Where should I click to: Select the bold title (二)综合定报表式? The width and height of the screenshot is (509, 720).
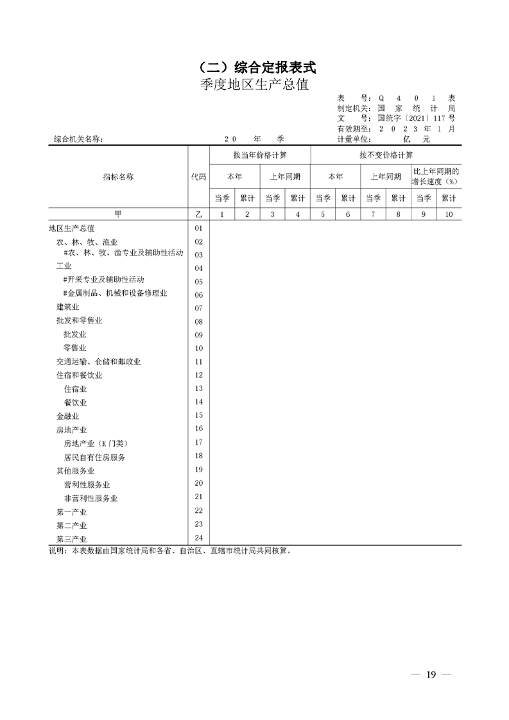click(254, 67)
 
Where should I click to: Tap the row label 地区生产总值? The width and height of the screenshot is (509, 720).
click(72, 228)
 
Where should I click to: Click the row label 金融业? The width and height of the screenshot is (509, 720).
click(67, 416)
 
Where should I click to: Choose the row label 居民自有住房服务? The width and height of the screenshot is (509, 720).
click(94, 458)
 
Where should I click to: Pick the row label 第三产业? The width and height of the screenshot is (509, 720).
click(71, 539)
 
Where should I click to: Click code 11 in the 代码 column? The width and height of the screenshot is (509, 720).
click(198, 362)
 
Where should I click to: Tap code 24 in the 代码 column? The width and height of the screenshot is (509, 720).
click(198, 538)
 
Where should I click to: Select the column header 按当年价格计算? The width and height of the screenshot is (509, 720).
click(260, 155)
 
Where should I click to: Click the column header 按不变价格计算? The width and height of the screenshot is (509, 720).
click(386, 155)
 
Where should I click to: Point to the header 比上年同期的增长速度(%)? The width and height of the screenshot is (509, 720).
click(436, 176)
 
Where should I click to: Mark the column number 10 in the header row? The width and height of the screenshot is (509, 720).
click(448, 214)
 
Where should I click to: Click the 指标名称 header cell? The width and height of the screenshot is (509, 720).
click(118, 176)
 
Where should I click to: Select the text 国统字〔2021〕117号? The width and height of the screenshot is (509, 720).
click(417, 118)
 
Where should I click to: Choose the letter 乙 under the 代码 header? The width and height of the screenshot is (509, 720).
click(198, 214)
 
